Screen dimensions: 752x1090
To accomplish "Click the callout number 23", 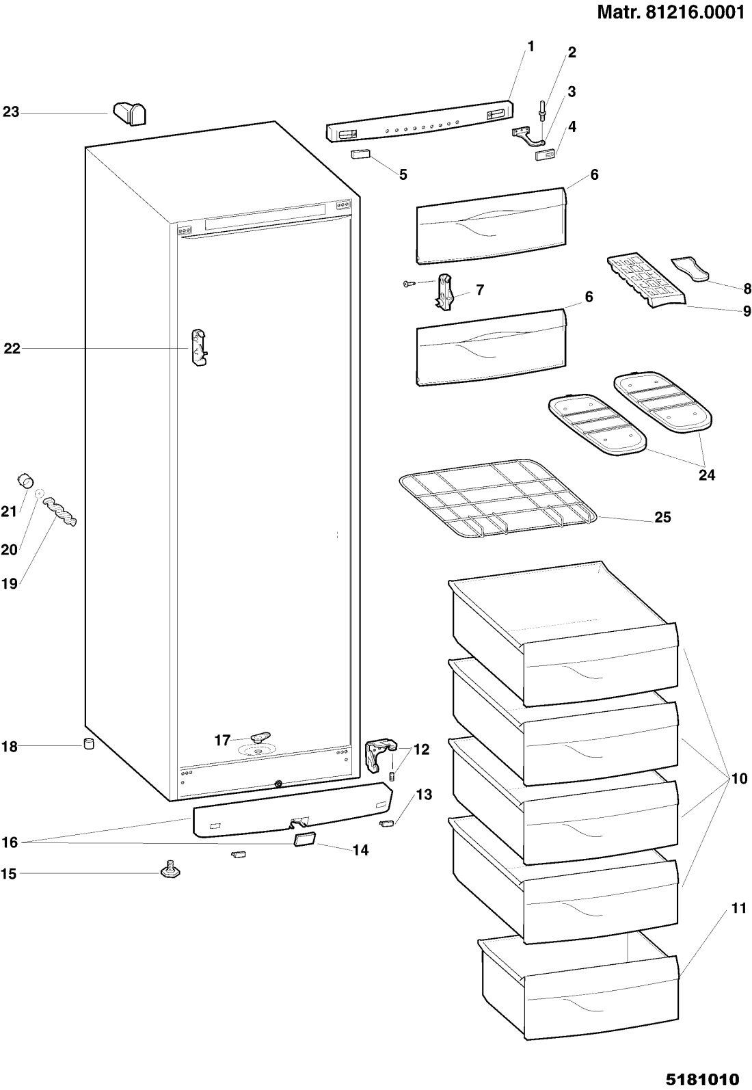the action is click(x=11, y=112).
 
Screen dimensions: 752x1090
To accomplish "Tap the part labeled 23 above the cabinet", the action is click(x=130, y=114).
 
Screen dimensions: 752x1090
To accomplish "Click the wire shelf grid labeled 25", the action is click(x=498, y=499).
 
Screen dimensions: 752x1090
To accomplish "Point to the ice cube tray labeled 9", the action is click(x=645, y=282).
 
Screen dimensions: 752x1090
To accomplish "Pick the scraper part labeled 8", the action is click(x=690, y=269).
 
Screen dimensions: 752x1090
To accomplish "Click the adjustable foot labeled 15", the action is click(x=170, y=870).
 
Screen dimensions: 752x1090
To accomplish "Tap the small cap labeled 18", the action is click(x=88, y=744).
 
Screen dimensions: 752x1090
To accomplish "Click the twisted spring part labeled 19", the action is click(x=60, y=511).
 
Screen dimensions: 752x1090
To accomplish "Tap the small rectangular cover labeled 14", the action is click(x=304, y=839).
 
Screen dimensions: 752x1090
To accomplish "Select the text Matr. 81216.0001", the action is click(x=671, y=12).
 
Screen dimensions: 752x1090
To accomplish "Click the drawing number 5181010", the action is click(x=702, y=1079).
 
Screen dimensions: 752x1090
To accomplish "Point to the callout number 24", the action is click(x=707, y=475).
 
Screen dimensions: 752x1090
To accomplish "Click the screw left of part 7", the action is click(x=409, y=284).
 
